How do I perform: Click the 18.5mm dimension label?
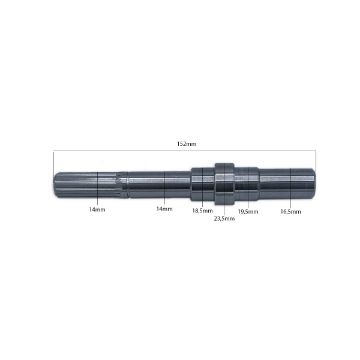[203, 211]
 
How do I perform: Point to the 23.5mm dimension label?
[225, 218]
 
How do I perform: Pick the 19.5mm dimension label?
[248, 212]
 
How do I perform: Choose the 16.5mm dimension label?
[291, 211]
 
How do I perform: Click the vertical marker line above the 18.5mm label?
[204, 190]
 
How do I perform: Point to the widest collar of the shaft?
[225, 181]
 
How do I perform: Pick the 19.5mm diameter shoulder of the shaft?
[248, 181]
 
